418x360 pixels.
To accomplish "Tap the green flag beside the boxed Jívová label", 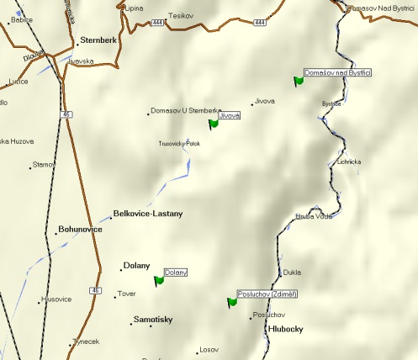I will point(213,124).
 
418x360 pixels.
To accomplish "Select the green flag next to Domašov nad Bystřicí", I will point(298,81).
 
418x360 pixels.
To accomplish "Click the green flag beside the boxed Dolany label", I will point(159,281).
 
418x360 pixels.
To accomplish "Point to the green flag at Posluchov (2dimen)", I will point(232,302).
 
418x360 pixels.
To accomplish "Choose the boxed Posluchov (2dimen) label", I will point(268,294).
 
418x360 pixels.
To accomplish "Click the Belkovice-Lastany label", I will point(147,214).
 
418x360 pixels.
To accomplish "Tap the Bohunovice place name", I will point(80,230).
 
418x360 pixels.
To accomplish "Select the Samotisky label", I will point(154,320).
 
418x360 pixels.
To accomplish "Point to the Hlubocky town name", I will point(285,330).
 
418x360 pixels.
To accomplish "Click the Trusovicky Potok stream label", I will point(179,144).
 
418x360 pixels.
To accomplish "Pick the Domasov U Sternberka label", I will point(185,111).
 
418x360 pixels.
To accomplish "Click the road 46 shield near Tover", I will point(93,291).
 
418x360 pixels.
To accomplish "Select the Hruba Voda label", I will point(314,216).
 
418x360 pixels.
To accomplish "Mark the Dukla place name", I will point(292,273).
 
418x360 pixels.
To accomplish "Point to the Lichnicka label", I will point(348,161).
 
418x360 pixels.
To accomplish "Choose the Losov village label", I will point(208,350).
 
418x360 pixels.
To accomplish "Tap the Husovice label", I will point(56,299).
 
